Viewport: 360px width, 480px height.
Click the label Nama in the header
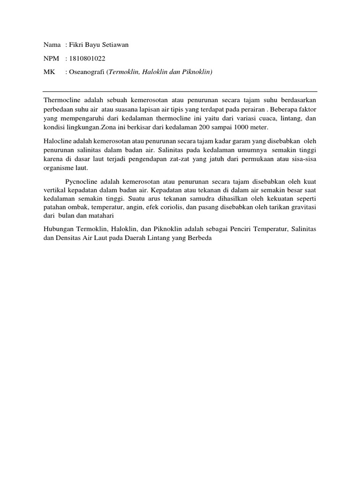pos(52,45)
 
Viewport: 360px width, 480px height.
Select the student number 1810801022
pos(87,59)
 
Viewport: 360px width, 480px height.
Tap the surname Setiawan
pos(114,45)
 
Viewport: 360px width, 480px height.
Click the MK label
pos(49,72)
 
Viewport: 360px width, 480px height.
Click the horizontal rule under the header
pos(180,91)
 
